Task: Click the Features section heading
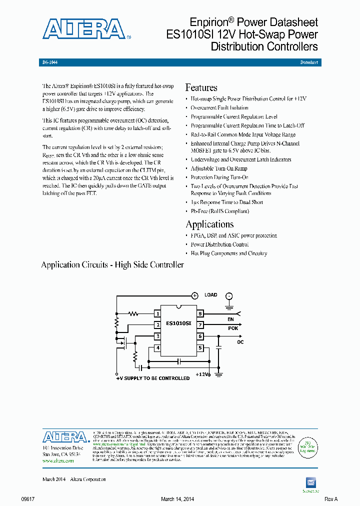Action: (x=201, y=87)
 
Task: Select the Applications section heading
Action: (x=209, y=224)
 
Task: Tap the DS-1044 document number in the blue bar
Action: (x=50, y=62)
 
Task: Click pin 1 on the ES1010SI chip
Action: (x=157, y=314)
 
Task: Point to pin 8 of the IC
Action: (x=200, y=314)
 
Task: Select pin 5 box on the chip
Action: (x=200, y=348)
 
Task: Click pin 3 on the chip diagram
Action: (x=157, y=336)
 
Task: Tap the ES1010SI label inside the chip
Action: (x=178, y=323)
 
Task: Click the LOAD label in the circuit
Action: (x=211, y=295)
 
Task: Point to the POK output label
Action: (x=233, y=329)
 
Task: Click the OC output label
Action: (x=240, y=342)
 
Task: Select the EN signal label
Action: (x=230, y=318)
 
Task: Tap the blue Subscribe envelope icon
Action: (x=310, y=482)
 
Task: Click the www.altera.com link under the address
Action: (x=58, y=461)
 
